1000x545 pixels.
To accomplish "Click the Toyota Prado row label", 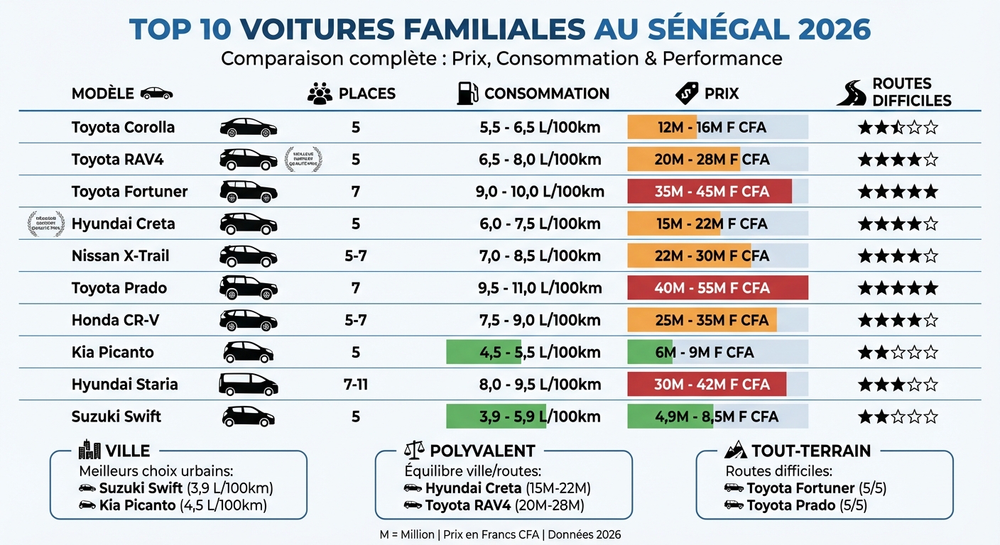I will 119,288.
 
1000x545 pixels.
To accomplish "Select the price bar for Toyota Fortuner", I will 710,192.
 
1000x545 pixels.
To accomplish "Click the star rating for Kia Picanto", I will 898,353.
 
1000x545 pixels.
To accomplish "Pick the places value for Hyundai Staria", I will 356,385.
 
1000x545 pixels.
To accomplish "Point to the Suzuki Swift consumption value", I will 540,417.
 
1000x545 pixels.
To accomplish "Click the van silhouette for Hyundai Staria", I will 248,385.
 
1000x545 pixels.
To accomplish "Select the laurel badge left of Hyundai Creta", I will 45,224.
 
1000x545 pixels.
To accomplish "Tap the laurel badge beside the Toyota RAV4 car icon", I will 303,160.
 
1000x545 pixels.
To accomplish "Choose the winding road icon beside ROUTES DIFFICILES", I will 851,94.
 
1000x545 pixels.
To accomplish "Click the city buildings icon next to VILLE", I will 89,450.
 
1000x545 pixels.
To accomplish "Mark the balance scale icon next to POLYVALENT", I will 413,450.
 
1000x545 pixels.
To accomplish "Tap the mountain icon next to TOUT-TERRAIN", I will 735,450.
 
